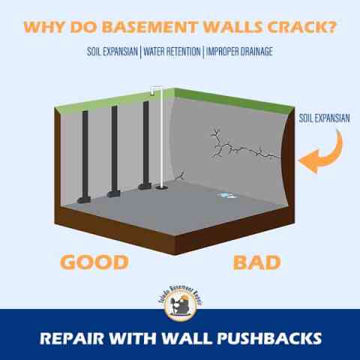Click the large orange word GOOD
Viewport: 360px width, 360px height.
(95, 262)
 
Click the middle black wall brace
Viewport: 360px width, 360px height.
(114, 150)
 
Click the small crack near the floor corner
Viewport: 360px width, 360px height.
(181, 177)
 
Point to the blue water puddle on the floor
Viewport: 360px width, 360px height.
(223, 196)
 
